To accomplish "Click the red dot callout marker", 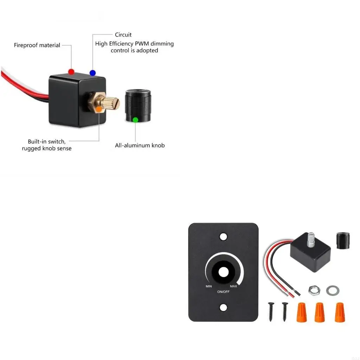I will coord(71,72).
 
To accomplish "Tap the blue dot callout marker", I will coord(92,73).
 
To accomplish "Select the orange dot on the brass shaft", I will coord(99,109).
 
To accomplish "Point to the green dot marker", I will coord(135,120).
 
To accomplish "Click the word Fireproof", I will coord(26,45).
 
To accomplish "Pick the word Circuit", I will coord(123,35).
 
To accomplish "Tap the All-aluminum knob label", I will coord(140,145).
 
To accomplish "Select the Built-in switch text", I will coord(46,141).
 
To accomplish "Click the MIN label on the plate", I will coord(209,287).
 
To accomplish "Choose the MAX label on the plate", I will coord(233,286).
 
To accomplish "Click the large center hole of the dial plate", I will coord(223,272).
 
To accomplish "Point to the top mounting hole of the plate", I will coord(223,235).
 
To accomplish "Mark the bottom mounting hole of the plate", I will coord(223,308).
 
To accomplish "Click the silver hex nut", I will coord(312,290).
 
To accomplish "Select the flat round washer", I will coord(333,290).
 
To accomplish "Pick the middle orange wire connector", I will coord(319,312).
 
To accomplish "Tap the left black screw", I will coord(270,311).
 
